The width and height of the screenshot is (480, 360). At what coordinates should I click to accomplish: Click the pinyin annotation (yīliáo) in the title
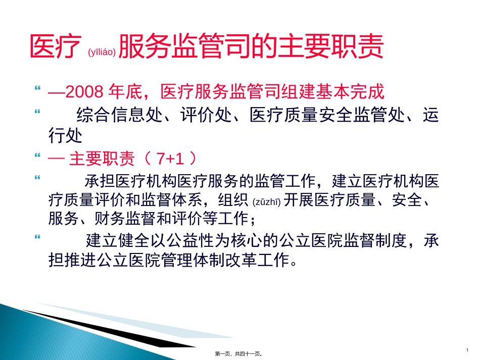[102, 52]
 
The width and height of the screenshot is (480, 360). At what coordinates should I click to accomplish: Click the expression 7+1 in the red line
[169, 159]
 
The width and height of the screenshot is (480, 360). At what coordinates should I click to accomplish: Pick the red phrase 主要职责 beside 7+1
[102, 159]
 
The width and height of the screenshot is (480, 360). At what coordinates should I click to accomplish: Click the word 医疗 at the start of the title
[56, 47]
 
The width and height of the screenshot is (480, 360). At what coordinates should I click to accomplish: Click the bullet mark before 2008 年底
[37, 88]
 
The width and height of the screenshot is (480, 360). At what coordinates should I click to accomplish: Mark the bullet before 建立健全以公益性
[37, 236]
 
